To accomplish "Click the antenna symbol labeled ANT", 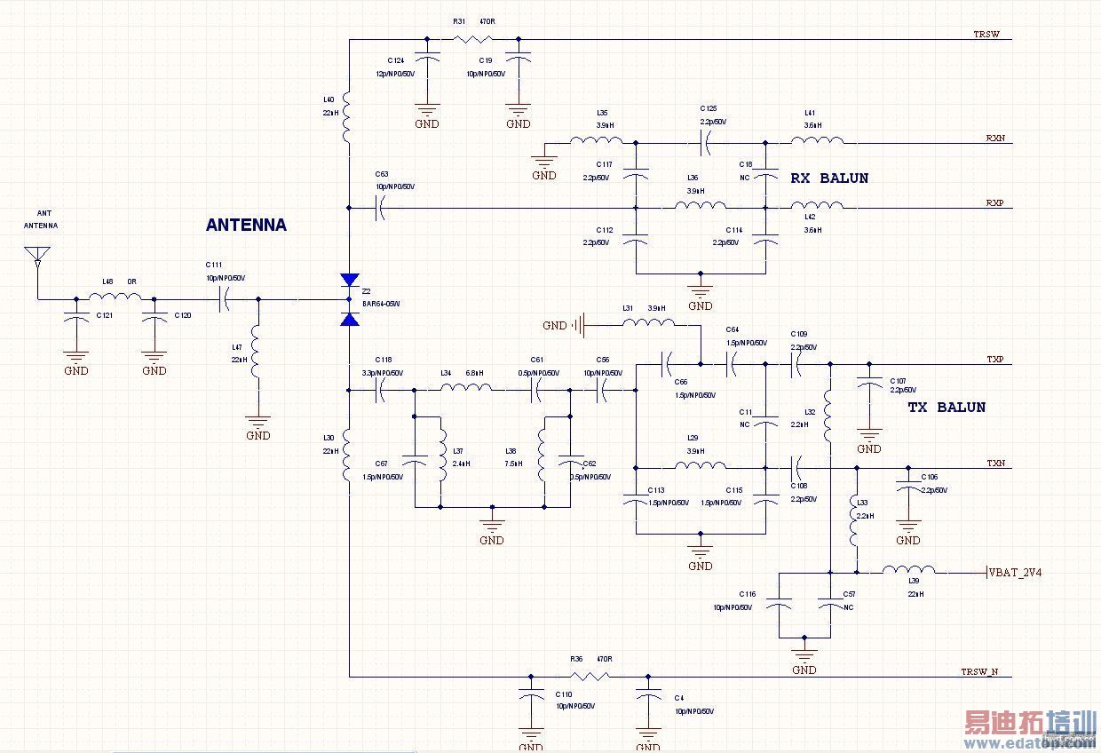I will [x=37, y=257].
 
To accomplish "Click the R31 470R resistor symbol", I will [x=472, y=39].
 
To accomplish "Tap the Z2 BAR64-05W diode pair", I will [x=350, y=299].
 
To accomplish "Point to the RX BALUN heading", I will [x=829, y=178].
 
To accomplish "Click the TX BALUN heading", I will [x=946, y=408].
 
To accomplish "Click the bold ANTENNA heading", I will [x=246, y=226].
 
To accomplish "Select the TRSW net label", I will [x=986, y=36].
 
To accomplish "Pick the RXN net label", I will [x=994, y=139].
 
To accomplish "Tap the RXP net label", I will [x=994, y=203].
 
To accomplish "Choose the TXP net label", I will [x=994, y=360].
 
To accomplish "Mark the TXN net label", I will [x=995, y=464].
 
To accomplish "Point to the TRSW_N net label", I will [x=979, y=672].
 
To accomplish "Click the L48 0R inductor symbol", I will [x=115, y=298].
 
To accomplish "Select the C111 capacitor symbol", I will [x=224, y=299].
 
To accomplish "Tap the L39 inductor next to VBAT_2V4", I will [x=908, y=572].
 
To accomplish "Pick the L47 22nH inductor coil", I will [x=258, y=353].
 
